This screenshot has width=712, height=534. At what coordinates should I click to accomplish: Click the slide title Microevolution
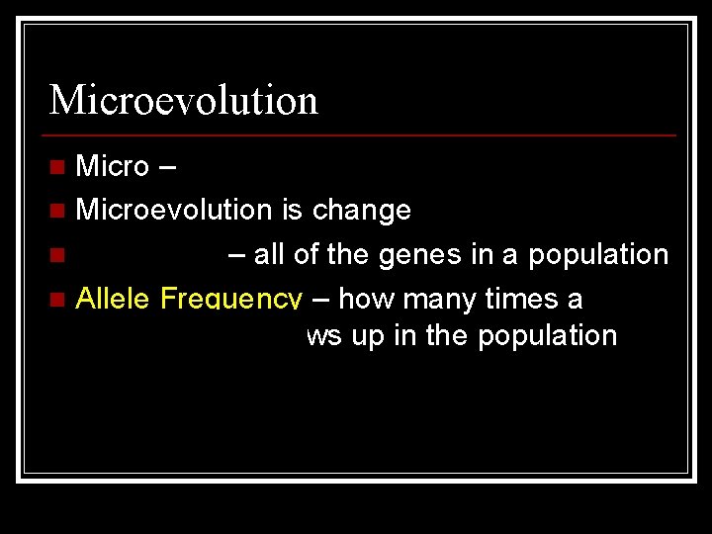[x=183, y=100]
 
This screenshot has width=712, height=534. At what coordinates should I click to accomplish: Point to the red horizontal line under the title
[x=362, y=134]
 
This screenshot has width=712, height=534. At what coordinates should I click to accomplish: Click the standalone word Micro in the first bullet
[x=112, y=166]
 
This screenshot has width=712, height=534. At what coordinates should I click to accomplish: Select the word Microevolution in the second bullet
[x=173, y=210]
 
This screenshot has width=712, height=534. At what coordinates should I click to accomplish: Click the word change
[x=361, y=210]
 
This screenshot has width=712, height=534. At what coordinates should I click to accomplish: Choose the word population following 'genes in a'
[x=598, y=255]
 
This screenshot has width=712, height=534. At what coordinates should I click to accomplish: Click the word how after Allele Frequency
[x=373, y=298]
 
